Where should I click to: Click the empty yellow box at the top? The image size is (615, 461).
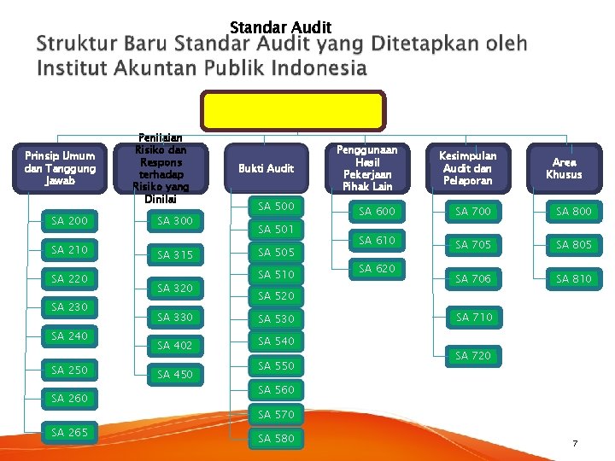(293, 111)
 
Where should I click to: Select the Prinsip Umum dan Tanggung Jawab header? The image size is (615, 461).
(61, 168)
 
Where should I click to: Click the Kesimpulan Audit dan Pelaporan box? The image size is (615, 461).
(467, 168)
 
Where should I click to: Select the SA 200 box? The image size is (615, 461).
(69, 221)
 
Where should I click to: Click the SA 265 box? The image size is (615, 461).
(69, 432)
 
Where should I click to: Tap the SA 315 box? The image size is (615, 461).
(175, 254)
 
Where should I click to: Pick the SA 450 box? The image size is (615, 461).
(175, 374)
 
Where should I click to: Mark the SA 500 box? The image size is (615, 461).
(276, 206)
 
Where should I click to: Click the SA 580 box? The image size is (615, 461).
(276, 438)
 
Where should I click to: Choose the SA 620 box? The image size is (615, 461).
(377, 268)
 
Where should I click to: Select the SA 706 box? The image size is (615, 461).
(473, 278)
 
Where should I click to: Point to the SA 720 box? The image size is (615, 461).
(473, 355)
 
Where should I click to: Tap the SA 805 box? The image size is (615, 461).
(574, 244)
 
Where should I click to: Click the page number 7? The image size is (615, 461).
(575, 444)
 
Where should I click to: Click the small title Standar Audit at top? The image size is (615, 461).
(280, 27)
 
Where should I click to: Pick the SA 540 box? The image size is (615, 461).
(276, 341)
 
